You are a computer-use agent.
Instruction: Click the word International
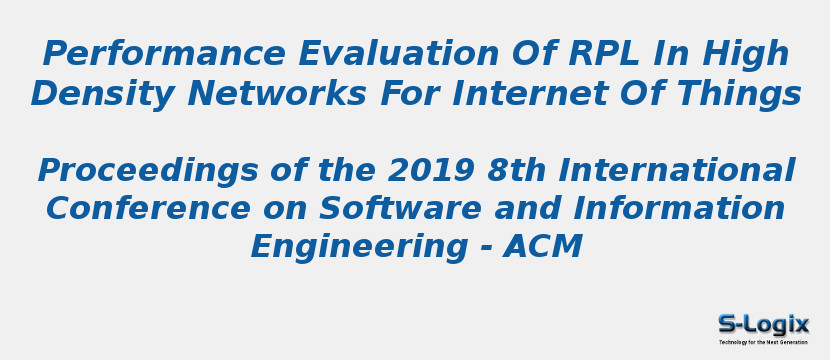[676, 172]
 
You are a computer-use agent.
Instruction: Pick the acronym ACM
[543, 247]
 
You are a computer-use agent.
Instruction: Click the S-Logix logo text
[763, 324]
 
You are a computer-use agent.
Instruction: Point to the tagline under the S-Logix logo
[763, 342]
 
